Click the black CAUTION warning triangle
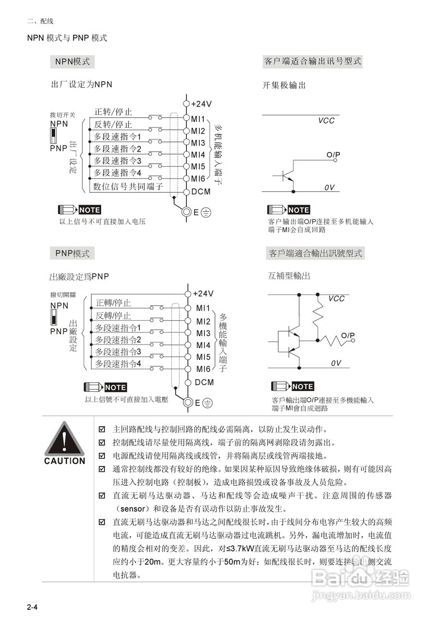64,438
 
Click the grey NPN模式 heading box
73,62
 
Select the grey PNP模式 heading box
72,253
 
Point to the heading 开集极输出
284,85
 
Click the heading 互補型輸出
289,276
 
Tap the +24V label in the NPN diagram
201,104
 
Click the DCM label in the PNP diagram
204,382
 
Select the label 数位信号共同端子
128,186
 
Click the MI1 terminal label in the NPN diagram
199,119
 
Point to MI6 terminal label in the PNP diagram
203,370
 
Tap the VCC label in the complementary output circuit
336,298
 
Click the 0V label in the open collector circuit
329,187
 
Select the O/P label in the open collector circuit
333,155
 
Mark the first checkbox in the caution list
102,429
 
